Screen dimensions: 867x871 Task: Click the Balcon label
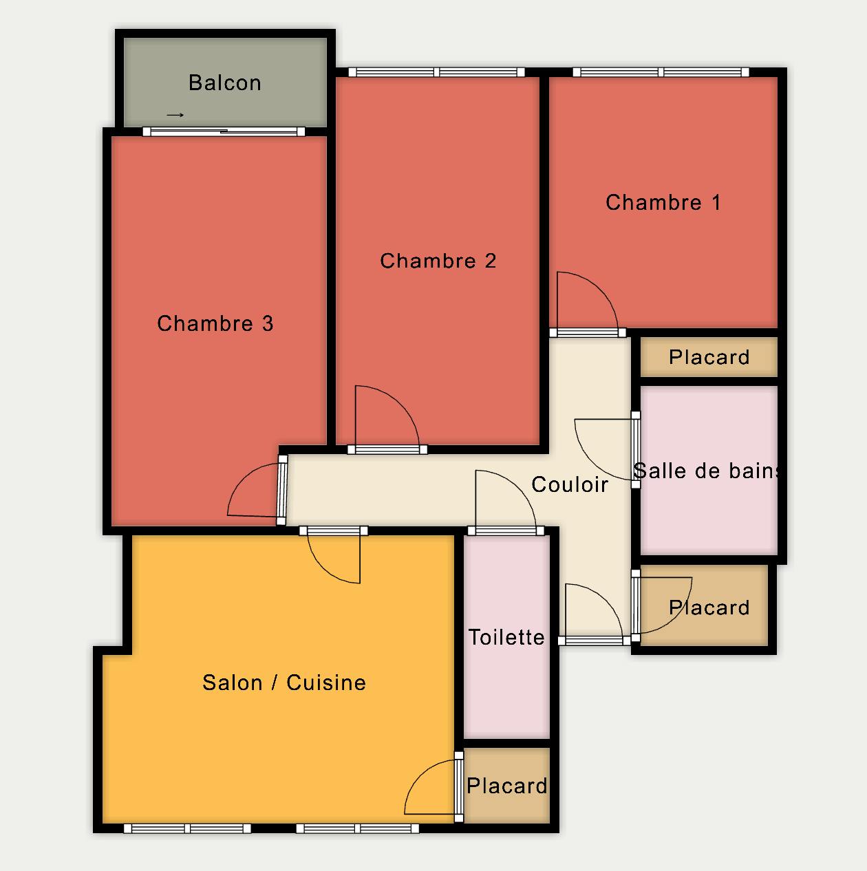point(225,83)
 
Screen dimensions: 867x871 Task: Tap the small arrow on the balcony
point(175,115)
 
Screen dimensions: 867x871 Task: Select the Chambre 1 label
point(663,202)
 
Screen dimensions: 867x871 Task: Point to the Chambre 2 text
point(438,261)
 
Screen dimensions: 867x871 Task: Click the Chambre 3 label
point(215,323)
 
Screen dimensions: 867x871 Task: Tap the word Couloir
point(570,484)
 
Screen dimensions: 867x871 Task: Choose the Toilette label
point(506,637)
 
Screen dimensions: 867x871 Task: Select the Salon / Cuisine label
point(284,682)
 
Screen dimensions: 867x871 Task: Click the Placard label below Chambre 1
point(709,357)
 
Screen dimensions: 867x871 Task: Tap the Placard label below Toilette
point(506,786)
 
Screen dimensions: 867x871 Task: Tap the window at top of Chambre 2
point(436,72)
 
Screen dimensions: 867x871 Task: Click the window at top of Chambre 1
point(661,72)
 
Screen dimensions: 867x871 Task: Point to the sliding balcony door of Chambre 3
point(224,131)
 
